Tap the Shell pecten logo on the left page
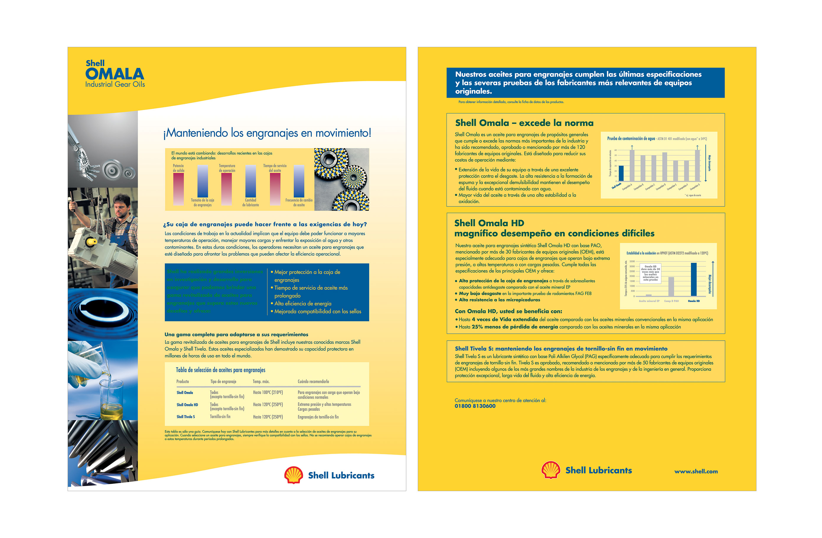293,475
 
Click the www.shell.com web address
696,471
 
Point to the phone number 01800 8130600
475,406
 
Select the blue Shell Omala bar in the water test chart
621,173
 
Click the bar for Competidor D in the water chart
665,167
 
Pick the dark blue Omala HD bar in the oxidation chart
694,279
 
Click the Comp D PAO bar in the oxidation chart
671,286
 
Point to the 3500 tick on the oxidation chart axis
632,262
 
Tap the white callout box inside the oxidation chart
651,273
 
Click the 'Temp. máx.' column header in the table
261,382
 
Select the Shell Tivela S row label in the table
185,417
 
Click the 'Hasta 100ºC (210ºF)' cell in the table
268,393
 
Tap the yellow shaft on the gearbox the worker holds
92,242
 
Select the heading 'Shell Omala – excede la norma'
524,123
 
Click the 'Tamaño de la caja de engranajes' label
202,203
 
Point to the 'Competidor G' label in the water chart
694,187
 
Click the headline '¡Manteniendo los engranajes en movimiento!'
267,133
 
